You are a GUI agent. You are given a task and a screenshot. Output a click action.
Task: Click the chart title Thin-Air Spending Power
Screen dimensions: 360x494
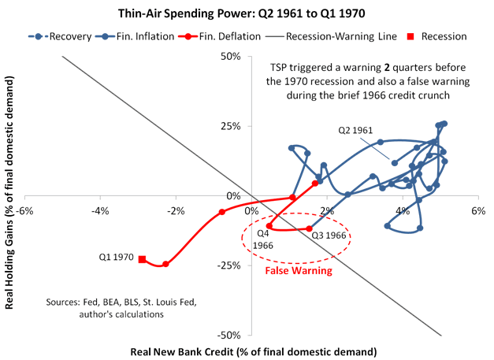pos(246,13)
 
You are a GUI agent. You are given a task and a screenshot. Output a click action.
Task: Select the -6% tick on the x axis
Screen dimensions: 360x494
pos(26,210)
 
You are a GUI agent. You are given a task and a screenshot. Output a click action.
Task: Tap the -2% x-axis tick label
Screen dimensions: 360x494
pos(176,210)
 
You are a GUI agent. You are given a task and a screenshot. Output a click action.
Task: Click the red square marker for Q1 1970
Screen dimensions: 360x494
pos(142,258)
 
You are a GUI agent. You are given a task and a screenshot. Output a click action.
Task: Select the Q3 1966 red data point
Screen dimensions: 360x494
pos(309,229)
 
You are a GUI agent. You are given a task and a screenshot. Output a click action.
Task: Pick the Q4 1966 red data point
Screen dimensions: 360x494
pos(269,226)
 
